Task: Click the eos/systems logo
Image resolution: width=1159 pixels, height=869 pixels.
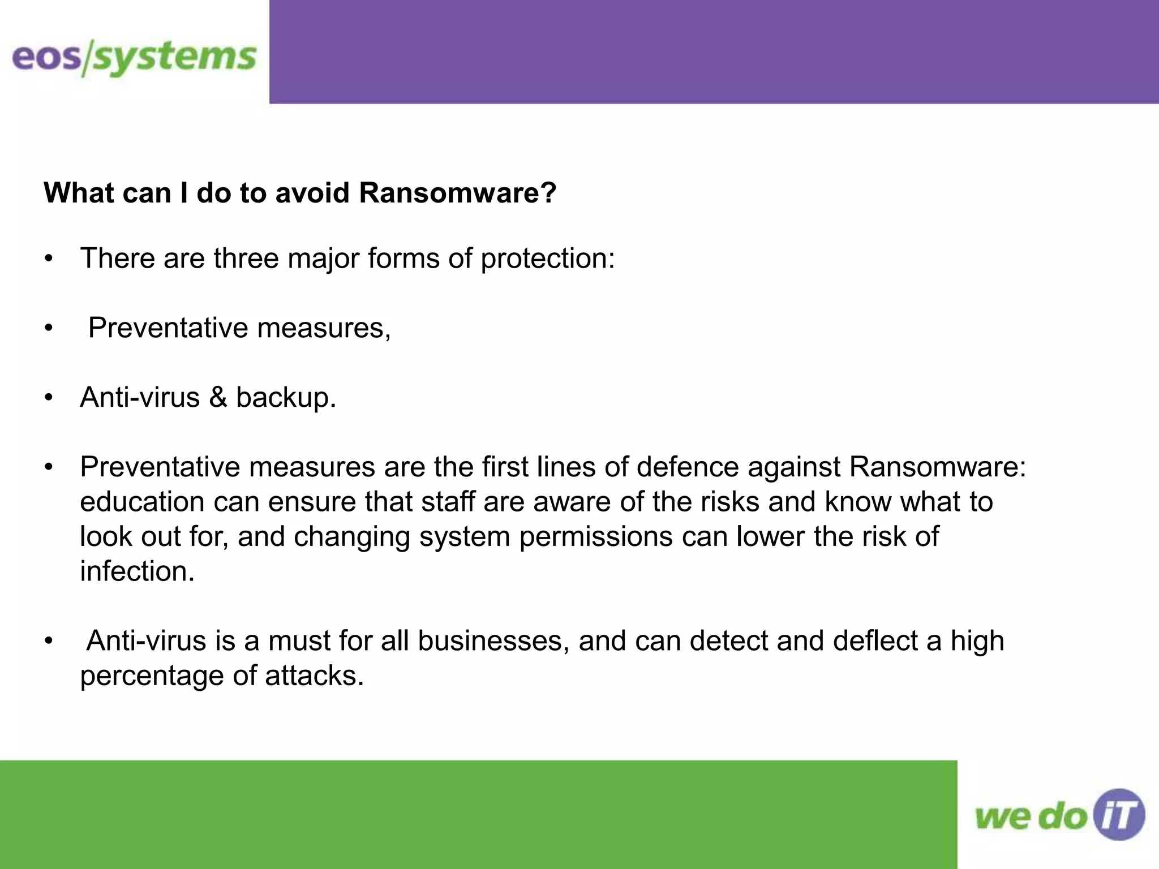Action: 134,58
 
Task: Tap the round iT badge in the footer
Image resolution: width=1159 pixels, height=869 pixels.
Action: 1119,815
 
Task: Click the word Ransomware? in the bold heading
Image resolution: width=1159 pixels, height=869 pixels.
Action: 457,193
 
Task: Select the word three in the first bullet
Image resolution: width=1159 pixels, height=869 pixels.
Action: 246,259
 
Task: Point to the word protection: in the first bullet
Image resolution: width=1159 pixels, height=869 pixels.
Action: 547,259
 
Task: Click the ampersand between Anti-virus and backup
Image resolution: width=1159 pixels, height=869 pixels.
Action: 218,397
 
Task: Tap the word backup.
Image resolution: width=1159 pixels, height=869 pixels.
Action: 286,397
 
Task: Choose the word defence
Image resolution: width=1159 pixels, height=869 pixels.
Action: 687,467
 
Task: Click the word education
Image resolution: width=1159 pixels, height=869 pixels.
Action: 142,502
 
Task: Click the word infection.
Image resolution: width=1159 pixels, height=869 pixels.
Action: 137,571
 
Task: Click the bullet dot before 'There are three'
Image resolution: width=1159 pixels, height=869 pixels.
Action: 49,259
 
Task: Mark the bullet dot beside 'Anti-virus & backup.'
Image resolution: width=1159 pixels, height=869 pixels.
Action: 49,398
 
